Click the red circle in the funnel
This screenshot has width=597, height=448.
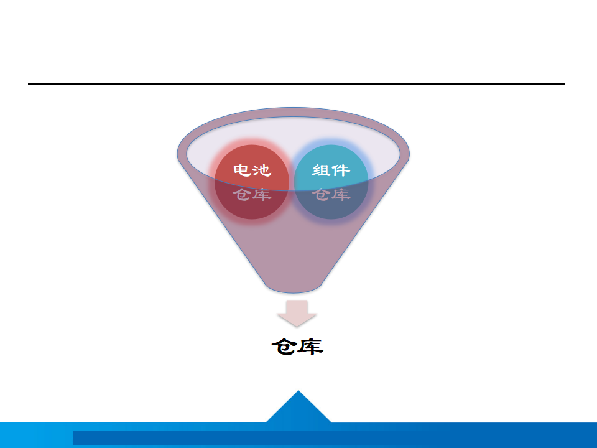point(252,182)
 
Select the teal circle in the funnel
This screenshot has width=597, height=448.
point(331,182)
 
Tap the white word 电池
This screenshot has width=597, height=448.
point(252,170)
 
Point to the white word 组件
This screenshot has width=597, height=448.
point(331,170)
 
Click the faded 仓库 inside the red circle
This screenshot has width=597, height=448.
point(252,194)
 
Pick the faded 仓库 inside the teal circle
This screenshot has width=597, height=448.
point(331,194)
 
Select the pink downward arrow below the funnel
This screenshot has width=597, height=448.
point(297,313)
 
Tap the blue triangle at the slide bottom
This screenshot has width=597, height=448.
point(298,407)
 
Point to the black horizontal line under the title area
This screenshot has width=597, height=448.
point(296,83)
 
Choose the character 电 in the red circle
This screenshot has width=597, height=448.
point(242,170)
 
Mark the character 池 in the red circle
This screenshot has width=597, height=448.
point(262,170)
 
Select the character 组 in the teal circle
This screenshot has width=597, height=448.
point(321,170)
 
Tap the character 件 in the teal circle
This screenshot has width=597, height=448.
point(341,170)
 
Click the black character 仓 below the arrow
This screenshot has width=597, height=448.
point(284,347)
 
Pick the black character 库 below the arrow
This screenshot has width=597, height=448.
point(311,347)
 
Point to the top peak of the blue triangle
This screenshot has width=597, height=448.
point(298,391)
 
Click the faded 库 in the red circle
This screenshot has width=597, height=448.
point(262,194)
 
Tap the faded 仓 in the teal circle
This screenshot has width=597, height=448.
point(321,194)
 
